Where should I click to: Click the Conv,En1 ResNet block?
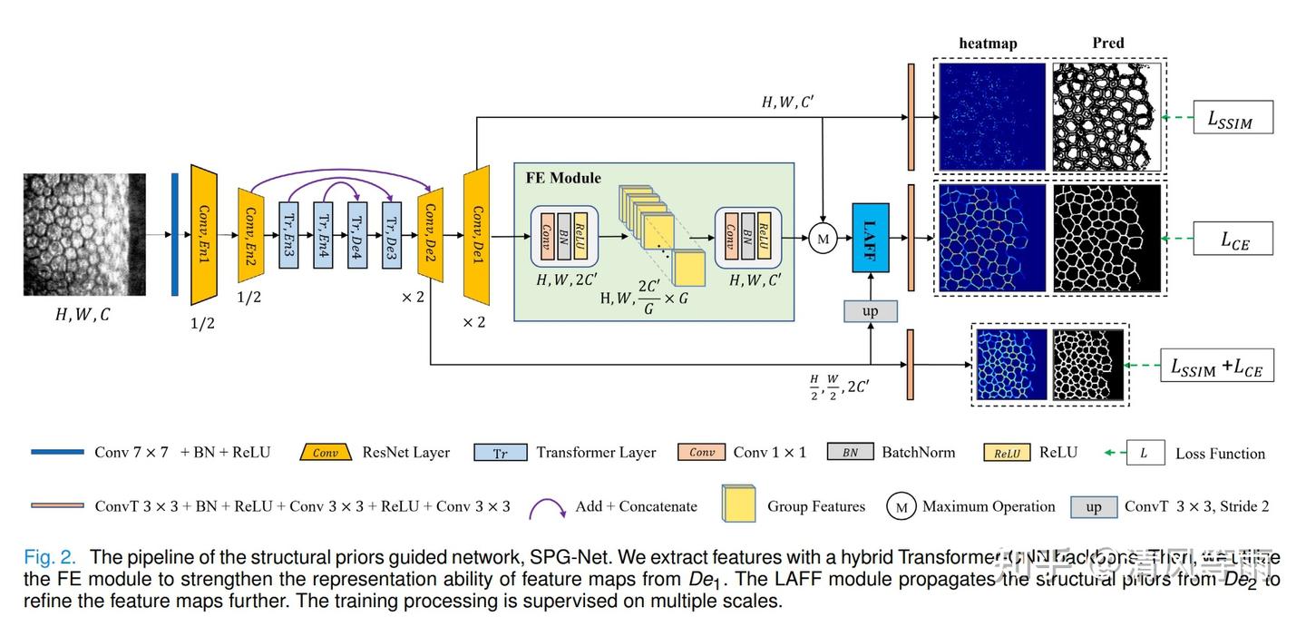[205, 235]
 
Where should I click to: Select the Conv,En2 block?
[250, 235]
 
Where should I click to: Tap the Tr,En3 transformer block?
[288, 235]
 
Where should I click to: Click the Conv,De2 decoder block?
[431, 235]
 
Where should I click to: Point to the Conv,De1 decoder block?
[476, 235]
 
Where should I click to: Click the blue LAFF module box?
[870, 237]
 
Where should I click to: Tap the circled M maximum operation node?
[823, 240]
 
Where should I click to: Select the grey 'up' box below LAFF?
[870, 311]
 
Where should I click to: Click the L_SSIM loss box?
[1233, 118]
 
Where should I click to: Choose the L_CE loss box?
[1233, 240]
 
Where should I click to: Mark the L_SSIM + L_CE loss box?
[1216, 367]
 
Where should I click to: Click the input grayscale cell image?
[84, 235]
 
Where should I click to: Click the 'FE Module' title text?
[563, 178]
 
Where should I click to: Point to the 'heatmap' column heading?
[988, 44]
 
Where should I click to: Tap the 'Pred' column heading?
[1107, 43]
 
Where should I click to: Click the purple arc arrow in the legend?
[544, 504]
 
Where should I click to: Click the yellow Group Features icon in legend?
[738, 504]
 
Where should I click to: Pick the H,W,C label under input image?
[83, 315]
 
